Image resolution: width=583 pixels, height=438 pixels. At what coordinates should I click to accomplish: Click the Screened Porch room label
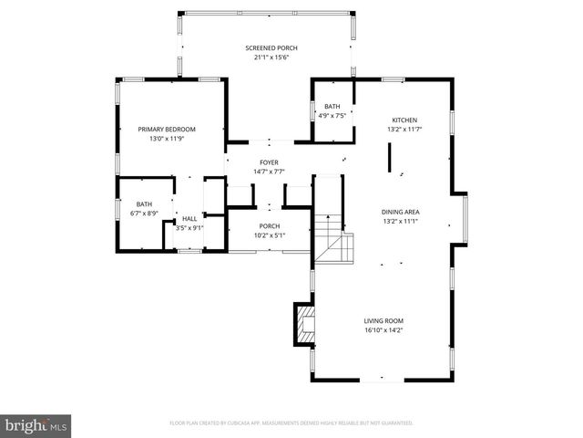pos(271,47)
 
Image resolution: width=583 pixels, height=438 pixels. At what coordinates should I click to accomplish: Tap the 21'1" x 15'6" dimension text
pos(271,57)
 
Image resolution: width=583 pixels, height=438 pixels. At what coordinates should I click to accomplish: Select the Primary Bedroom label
pos(168,129)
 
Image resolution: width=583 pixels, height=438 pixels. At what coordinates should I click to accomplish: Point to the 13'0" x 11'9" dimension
pos(168,139)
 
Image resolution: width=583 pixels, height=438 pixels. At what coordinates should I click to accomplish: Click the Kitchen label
pos(404,120)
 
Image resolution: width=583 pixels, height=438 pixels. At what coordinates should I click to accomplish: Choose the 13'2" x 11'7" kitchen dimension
pos(404,130)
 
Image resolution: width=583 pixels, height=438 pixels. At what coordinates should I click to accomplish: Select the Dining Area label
pos(400,212)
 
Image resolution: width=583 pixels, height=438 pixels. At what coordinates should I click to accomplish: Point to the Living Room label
pos(384,320)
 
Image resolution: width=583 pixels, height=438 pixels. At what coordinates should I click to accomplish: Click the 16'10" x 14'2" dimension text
pos(384,330)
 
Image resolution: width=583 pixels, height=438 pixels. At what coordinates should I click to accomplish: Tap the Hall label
pos(189,218)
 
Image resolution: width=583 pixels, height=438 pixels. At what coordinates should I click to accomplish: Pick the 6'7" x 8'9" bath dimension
pos(145,214)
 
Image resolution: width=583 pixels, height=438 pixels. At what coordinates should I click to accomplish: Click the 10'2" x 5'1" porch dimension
pos(269,235)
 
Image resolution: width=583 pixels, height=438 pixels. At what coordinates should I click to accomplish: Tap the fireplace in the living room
pos(302,325)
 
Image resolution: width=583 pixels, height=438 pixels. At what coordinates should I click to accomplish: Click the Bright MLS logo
pos(36,425)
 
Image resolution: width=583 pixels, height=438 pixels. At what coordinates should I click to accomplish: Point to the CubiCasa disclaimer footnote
pos(291,423)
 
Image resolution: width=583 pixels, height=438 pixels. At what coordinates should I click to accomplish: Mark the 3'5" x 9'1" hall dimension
pos(189,228)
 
